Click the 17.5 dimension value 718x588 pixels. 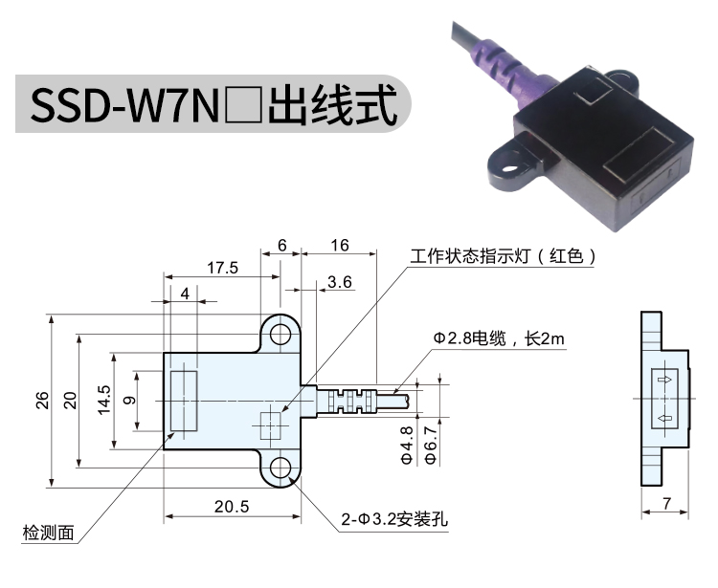[222, 268]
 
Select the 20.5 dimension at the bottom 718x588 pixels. [232, 507]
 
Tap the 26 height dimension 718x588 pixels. [42, 400]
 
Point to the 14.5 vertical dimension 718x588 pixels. [104, 400]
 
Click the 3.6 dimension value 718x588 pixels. [340, 282]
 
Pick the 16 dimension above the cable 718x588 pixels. [340, 246]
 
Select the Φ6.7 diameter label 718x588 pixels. [431, 445]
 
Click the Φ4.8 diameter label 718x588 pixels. [407, 445]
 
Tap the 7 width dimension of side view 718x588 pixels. [666, 504]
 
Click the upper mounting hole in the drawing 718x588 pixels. [280, 335]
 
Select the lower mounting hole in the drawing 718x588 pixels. [280, 468]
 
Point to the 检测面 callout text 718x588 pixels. [49, 533]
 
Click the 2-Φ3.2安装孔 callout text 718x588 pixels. [394, 519]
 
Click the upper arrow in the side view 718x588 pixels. [665, 380]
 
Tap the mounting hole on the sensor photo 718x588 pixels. [508, 167]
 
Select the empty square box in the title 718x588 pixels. [243, 105]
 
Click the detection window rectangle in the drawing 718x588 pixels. [184, 401]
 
